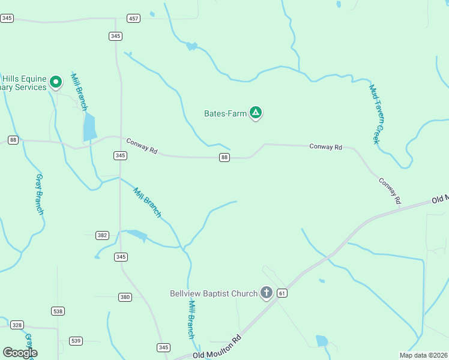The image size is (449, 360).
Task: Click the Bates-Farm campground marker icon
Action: click(x=256, y=112)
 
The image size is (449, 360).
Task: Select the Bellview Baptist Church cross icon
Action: click(x=267, y=293)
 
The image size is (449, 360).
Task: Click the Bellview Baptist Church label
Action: click(x=214, y=293)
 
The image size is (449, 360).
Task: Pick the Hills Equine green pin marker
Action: click(x=56, y=82)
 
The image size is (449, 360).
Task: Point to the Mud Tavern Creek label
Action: click(x=375, y=113)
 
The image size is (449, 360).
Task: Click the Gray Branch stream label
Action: click(x=40, y=194)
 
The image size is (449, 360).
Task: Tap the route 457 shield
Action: click(x=133, y=19)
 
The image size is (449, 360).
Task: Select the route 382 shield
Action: click(x=102, y=235)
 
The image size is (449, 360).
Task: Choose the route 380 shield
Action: click(x=125, y=297)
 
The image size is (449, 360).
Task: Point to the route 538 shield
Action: click(x=58, y=311)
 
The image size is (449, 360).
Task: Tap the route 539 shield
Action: click(x=76, y=341)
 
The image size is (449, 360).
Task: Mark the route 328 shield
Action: click(x=16, y=325)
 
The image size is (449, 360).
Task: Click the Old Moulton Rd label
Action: click(x=217, y=347)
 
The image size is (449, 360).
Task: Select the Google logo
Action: click(x=20, y=353)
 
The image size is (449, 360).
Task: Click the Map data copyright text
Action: click(x=423, y=355)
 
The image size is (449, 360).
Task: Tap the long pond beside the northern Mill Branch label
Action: click(x=89, y=127)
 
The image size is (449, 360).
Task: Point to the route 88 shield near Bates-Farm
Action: click(x=224, y=157)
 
